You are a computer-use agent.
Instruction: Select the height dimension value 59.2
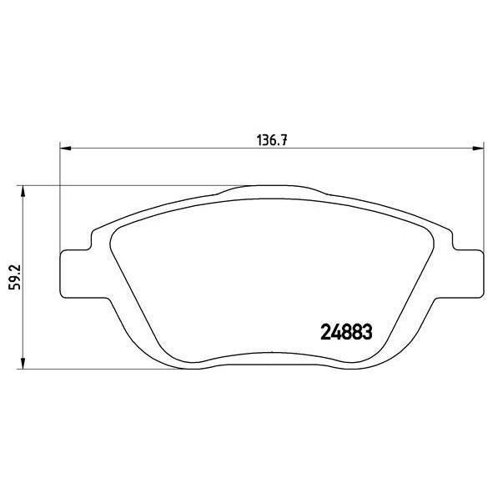tap(13, 277)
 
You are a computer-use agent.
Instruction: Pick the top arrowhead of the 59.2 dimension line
tap(23, 191)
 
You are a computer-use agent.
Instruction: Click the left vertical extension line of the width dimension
tap(59, 200)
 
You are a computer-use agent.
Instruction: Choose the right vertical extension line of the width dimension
tap(484, 200)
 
